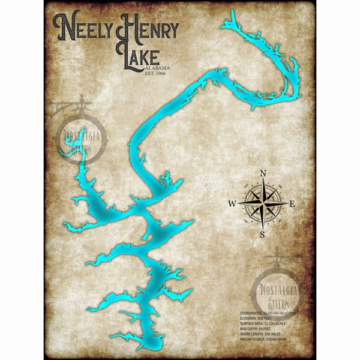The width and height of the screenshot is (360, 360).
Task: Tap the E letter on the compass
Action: pos(292,204)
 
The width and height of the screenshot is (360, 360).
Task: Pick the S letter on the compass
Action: pos(262,234)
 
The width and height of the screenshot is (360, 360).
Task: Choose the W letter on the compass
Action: pos(232,204)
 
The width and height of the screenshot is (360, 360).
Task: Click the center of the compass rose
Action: pos(262,204)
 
